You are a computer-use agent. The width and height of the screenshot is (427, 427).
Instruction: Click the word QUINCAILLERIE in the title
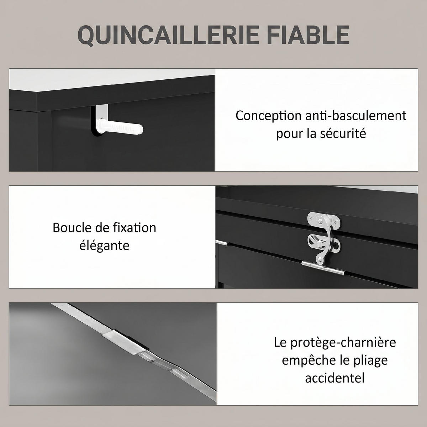(168, 36)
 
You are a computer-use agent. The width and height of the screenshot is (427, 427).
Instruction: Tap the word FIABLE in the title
(308, 35)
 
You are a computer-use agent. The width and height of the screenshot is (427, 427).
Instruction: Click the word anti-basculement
(356, 115)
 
